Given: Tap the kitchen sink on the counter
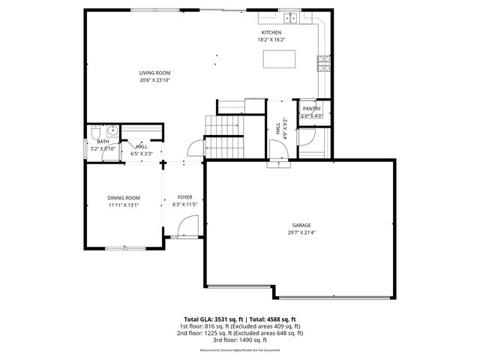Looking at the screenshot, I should pyautogui.click(x=289, y=18).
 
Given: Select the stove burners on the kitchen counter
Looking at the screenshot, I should pyautogui.click(x=323, y=62).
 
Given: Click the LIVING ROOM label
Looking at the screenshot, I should pyautogui.click(x=155, y=73).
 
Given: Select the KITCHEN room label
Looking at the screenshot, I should pyautogui.click(x=271, y=33).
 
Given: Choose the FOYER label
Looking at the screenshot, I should pyautogui.click(x=184, y=196).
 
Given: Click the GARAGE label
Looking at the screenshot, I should pyautogui.click(x=301, y=225).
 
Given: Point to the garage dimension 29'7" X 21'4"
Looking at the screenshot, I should pyautogui.click(x=301, y=232).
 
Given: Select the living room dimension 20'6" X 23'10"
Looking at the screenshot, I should pyautogui.click(x=155, y=79).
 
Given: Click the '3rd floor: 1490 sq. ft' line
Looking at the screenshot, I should pyautogui.click(x=240, y=340).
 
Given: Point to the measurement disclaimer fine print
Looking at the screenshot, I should pyautogui.click(x=240, y=350).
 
